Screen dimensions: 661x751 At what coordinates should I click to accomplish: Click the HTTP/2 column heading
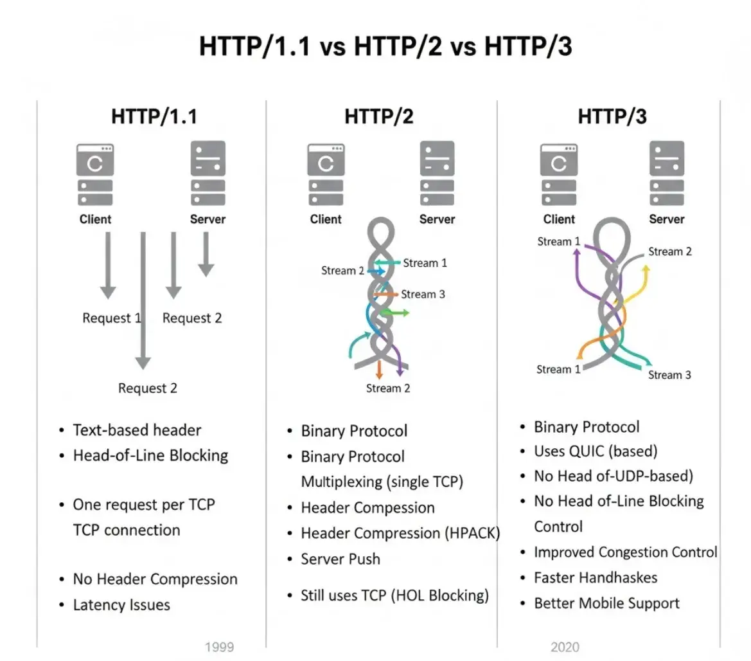pos(379,116)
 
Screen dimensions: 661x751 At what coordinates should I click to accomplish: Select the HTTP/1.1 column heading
pos(154,116)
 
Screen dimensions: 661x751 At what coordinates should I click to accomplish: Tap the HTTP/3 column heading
pos(612,116)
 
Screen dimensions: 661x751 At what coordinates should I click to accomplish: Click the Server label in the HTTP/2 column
pos(437,219)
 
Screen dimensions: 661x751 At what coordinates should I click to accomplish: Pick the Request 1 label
pos(111,318)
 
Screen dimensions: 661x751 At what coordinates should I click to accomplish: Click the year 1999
pos(219,647)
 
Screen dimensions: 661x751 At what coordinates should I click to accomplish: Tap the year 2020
pos(565,647)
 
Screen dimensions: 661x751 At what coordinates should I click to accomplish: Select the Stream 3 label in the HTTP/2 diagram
pos(423,294)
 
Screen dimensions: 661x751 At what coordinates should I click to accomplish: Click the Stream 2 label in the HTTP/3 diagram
pos(669,251)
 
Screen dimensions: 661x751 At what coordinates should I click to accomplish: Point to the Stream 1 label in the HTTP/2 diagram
pos(425,263)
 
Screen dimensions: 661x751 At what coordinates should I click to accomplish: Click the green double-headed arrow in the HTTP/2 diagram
pos(393,312)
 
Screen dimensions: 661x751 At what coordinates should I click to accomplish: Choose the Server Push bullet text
pos(340,559)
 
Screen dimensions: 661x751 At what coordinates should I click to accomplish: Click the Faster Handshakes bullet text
pos(596,577)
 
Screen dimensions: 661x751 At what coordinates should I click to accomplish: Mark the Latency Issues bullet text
pos(121,605)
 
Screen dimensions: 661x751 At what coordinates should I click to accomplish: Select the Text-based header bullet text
pos(137,430)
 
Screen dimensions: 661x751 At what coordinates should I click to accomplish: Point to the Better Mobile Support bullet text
pos(606,603)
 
